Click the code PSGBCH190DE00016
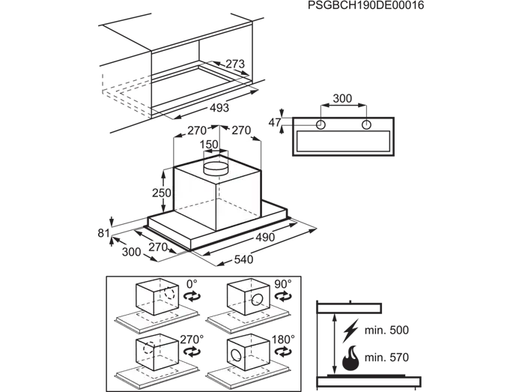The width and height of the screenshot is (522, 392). click(366, 5)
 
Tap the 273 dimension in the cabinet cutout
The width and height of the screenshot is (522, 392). click(235, 64)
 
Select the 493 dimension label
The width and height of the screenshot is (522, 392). click(219, 108)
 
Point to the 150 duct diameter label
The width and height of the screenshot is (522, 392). click(209, 144)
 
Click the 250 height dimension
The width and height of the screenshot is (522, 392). click(162, 193)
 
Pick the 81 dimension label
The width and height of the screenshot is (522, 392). click(104, 233)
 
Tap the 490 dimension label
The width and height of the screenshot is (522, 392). click(265, 237)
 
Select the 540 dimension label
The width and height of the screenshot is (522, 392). click(243, 259)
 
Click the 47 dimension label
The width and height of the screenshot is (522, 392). click(275, 123)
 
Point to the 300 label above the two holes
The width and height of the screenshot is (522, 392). click(342, 98)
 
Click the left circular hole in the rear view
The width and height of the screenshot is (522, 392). click(321, 125)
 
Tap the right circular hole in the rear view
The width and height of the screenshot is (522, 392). click(366, 125)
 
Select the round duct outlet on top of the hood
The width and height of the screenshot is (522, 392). click(216, 169)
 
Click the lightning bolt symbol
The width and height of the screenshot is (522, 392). click(350, 331)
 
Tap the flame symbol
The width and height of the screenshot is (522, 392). click(350, 358)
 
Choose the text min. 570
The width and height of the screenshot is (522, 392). click(386, 358)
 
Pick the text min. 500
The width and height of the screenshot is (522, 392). click(386, 330)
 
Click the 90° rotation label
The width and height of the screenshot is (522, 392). click(283, 284)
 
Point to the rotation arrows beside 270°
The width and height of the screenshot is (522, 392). click(192, 352)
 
